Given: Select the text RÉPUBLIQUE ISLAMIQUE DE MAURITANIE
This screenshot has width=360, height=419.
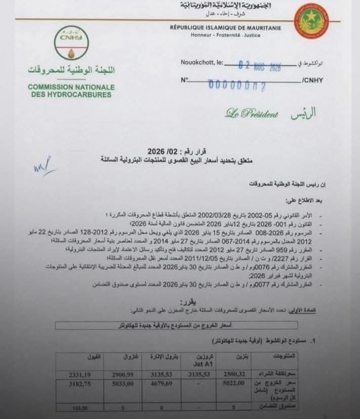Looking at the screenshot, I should [x=225, y=28].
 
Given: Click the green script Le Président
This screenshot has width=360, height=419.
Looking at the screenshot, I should [x=252, y=114].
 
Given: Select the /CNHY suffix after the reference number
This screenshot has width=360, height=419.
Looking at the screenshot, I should [x=312, y=80].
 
